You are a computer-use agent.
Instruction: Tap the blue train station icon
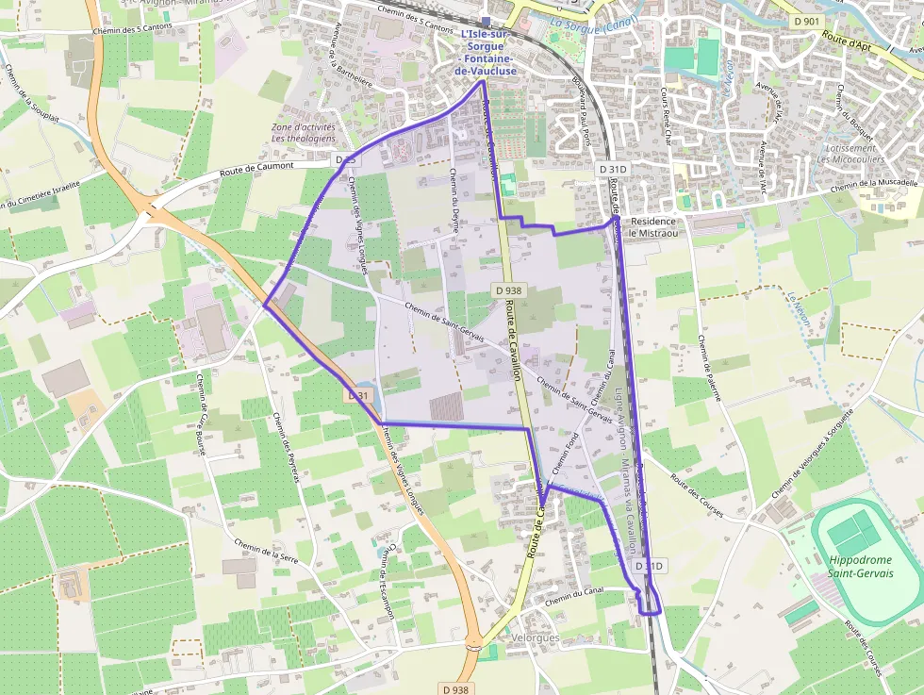(x=486, y=21)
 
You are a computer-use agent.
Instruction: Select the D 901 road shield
(x=806, y=21)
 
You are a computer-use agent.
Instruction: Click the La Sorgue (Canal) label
(x=594, y=25)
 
